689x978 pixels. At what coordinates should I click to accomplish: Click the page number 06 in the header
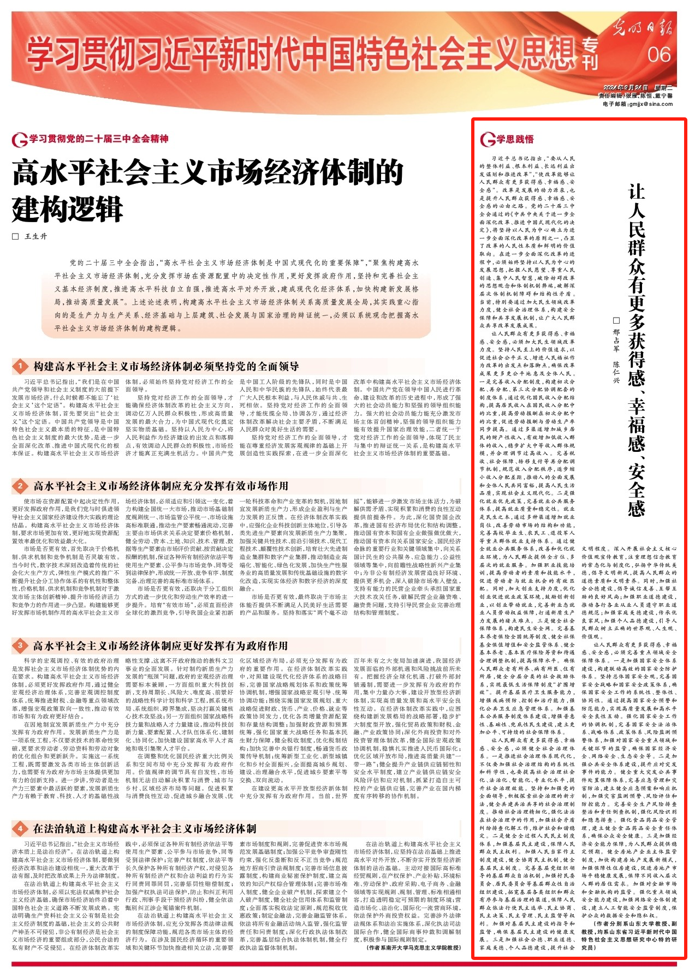click(658, 55)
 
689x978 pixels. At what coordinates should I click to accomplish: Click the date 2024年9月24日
click(625, 88)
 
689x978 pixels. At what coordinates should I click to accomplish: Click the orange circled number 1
click(20, 367)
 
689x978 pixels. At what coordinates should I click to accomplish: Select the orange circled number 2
click(20, 486)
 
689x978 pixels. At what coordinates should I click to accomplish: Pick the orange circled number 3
click(20, 646)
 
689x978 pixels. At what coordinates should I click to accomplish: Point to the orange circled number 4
click(20, 828)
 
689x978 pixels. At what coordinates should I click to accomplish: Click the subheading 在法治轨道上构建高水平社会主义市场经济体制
click(145, 828)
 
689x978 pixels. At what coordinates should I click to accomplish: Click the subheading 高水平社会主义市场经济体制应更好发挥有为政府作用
click(161, 646)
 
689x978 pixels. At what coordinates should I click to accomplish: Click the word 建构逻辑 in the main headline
click(68, 209)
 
